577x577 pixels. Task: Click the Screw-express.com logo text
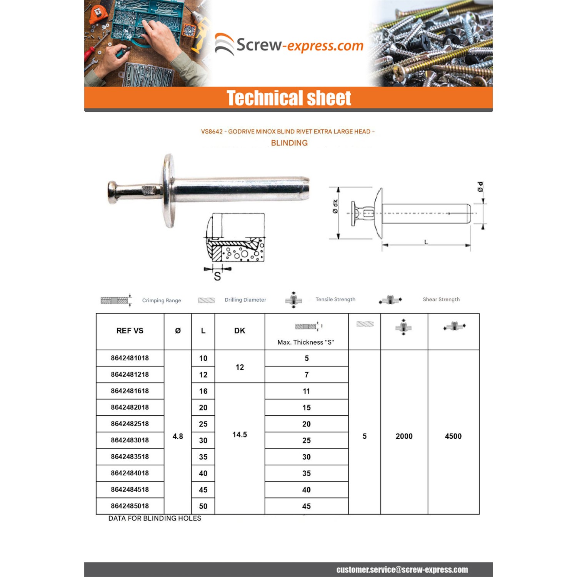[x=300, y=45]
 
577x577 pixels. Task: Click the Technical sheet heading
[x=288, y=98]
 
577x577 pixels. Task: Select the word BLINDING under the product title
[x=289, y=143]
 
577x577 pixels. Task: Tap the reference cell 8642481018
[x=130, y=358]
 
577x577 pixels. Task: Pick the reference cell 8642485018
[x=130, y=506]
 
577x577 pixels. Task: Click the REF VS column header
[x=130, y=331]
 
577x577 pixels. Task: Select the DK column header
[x=239, y=331]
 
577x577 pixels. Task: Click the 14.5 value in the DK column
[x=239, y=435]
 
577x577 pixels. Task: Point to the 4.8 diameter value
[x=178, y=436]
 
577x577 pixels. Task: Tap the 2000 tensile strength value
[x=404, y=436]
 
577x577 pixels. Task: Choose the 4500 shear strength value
[x=453, y=436]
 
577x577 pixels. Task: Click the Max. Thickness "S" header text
[x=306, y=342]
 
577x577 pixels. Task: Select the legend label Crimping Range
[x=162, y=300]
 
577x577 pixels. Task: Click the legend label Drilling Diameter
[x=245, y=300]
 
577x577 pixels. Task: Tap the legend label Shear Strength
[x=441, y=299]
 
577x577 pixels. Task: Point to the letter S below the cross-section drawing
[x=217, y=277]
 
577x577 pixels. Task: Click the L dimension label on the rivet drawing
[x=426, y=242]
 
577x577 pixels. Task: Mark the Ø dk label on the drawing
[x=335, y=206]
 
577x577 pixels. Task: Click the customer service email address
[x=402, y=570]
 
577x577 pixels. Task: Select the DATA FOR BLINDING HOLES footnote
[x=155, y=519]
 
